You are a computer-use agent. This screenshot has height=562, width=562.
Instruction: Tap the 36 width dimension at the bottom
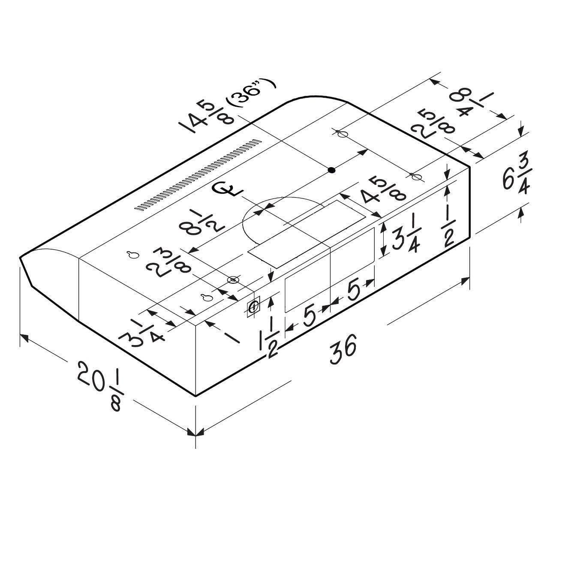click(343, 349)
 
